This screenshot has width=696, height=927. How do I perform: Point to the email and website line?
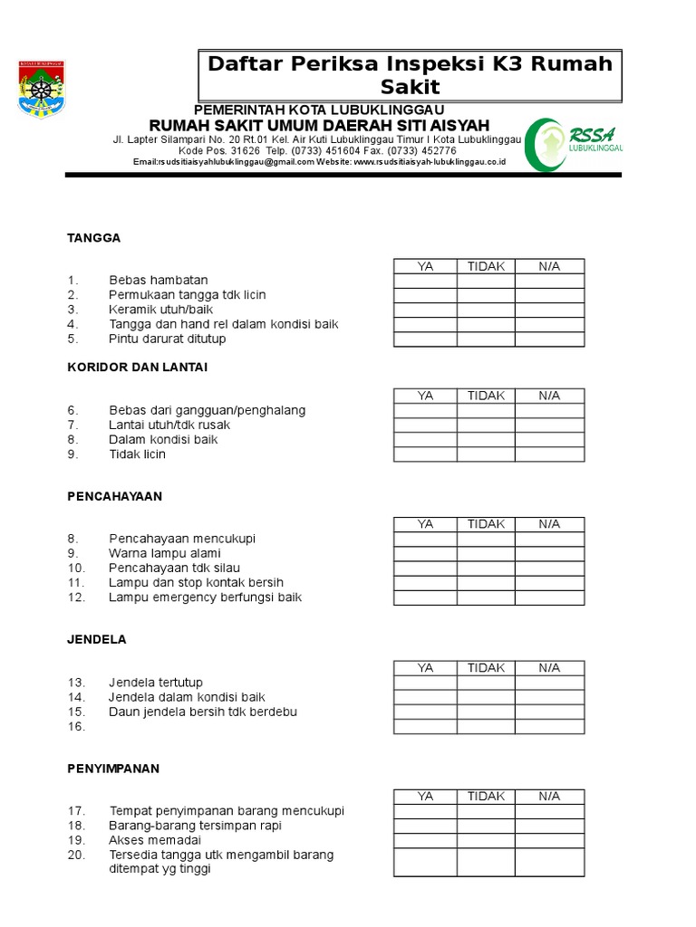[319, 162]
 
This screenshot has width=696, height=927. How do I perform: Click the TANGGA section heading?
[94, 238]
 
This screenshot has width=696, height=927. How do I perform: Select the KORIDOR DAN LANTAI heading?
[138, 367]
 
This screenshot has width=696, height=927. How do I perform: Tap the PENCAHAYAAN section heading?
[114, 496]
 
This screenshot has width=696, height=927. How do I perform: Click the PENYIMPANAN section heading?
[113, 769]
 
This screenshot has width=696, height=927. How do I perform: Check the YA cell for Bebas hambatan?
[425, 281]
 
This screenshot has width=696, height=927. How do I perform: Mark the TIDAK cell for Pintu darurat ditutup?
[486, 339]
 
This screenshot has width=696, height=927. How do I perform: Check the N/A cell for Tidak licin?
[549, 454]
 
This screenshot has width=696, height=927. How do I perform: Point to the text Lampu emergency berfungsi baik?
[205, 597]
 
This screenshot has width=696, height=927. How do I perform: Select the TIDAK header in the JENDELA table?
[486, 668]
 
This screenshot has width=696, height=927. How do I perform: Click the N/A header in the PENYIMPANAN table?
[549, 797]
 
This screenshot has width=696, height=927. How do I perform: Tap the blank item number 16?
[76, 727]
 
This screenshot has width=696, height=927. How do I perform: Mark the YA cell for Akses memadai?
[425, 840]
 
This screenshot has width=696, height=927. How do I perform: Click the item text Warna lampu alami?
[165, 553]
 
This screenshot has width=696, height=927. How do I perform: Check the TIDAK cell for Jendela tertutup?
[486, 683]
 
